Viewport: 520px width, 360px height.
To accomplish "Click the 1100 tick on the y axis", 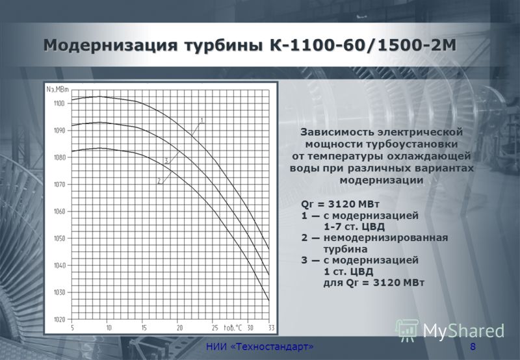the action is [x=59, y=104].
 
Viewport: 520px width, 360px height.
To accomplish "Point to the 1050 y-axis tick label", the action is [x=59, y=238].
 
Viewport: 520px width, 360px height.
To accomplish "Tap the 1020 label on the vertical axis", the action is [x=59, y=320].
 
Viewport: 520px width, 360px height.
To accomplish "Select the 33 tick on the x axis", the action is [x=272, y=328].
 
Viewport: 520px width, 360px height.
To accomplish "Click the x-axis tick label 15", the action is [x=144, y=328].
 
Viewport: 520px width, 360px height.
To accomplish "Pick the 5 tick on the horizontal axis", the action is [x=73, y=328].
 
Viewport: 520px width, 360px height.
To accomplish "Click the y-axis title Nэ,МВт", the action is [x=58, y=89].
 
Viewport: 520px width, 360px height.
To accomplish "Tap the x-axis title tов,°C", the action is [x=233, y=328].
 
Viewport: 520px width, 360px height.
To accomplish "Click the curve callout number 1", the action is [x=202, y=120].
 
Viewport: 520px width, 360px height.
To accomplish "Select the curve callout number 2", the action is [x=159, y=181].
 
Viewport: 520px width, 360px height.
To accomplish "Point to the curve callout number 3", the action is [x=166, y=161].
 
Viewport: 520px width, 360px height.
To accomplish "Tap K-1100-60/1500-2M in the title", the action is [x=363, y=45].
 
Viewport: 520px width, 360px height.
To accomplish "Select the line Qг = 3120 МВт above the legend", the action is [x=340, y=204].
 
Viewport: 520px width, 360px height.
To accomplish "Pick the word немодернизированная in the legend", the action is [x=385, y=238].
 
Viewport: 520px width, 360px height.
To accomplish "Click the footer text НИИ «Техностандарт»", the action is [x=259, y=347].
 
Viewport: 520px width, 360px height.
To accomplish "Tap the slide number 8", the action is [x=473, y=347].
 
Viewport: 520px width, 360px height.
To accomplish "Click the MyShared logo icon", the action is [x=407, y=330].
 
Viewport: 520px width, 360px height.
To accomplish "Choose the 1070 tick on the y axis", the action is [x=59, y=185].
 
